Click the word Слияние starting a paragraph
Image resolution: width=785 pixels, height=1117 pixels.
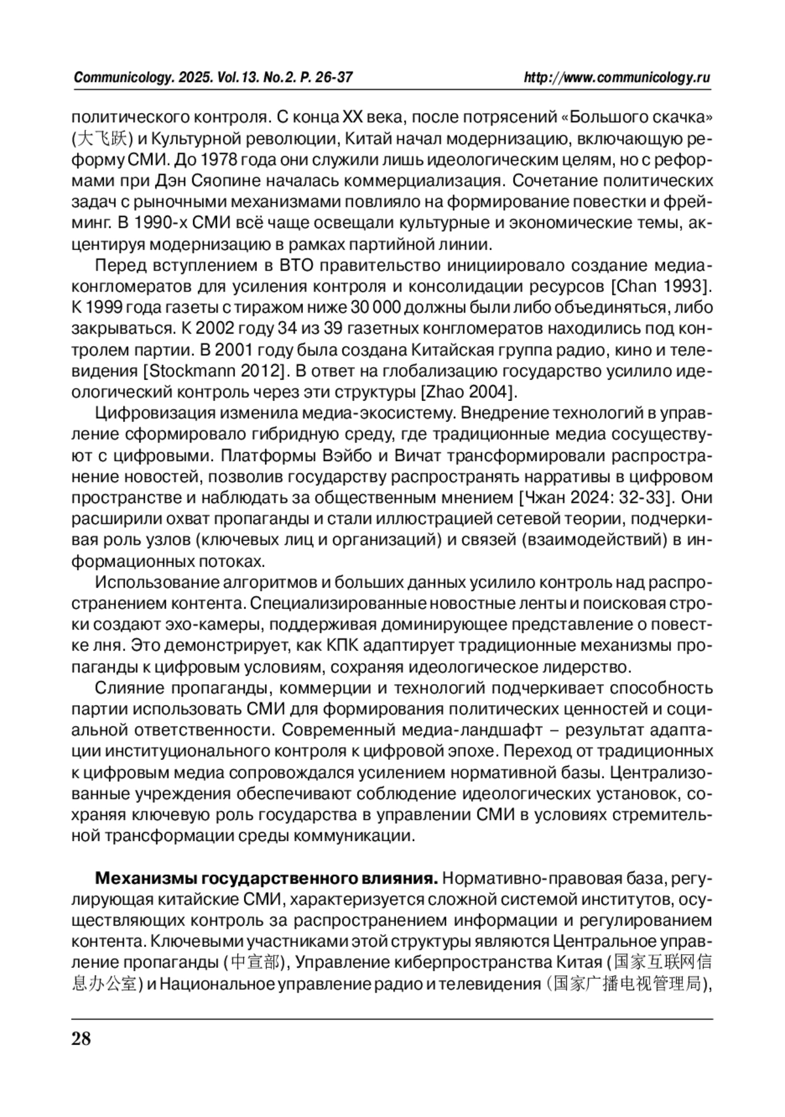129,688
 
